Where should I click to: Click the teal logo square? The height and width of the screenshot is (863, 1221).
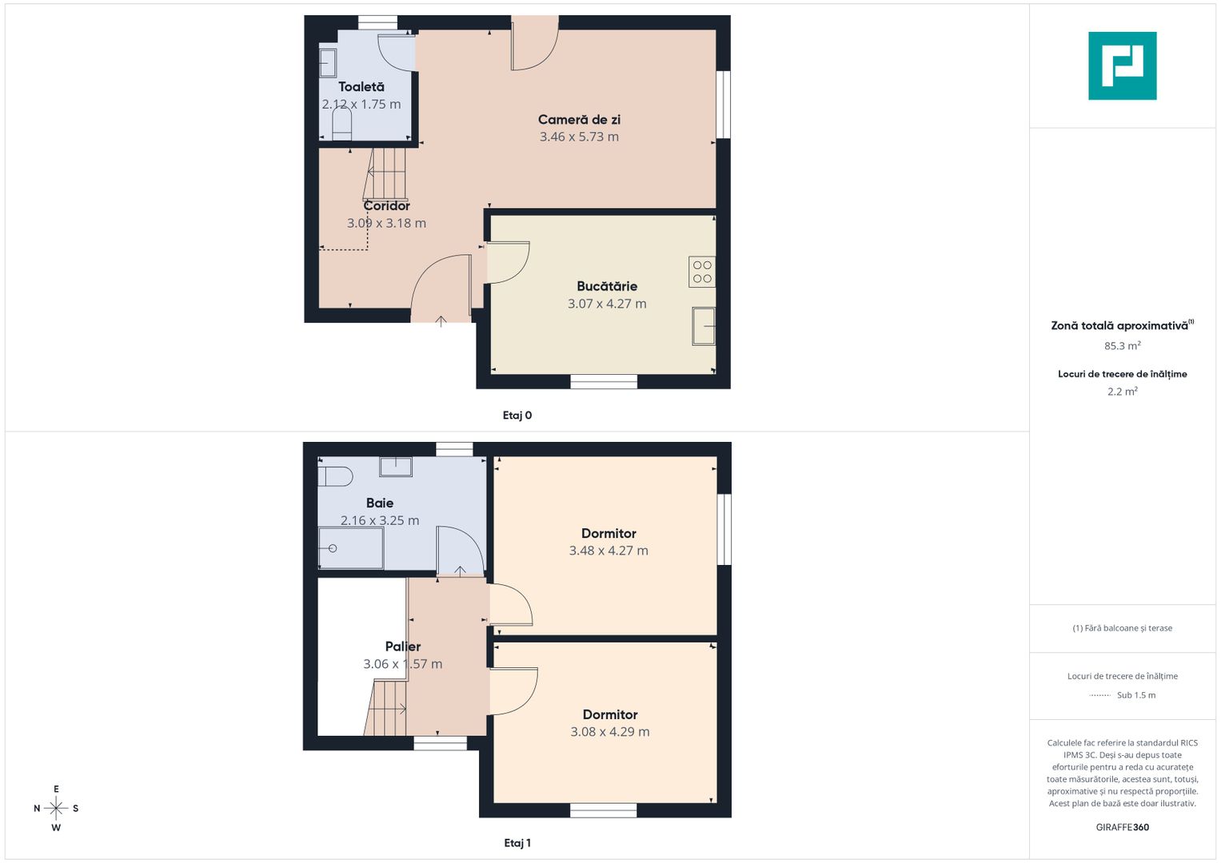click(x=1123, y=66)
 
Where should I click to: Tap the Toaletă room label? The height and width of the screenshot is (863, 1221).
click(x=361, y=86)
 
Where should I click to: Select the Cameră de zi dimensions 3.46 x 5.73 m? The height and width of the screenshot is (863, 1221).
click(x=579, y=137)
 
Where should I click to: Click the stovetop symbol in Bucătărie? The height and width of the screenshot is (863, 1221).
click(x=702, y=272)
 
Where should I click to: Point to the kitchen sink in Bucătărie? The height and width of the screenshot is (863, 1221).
click(x=704, y=326)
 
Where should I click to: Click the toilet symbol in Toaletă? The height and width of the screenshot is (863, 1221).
click(x=341, y=123)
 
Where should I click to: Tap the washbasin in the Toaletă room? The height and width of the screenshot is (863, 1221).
click(x=328, y=63)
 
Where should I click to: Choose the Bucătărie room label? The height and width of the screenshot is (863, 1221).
click(x=607, y=286)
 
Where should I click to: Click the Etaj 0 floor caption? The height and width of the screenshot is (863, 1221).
click(x=517, y=416)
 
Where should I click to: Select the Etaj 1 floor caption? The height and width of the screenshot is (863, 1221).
click(x=517, y=843)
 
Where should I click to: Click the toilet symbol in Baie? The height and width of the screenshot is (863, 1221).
click(x=335, y=477)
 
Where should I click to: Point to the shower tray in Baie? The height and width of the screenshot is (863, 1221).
click(x=351, y=548)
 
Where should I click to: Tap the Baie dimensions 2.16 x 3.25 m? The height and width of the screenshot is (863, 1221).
click(x=380, y=520)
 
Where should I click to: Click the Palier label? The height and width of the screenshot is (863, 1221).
click(x=403, y=646)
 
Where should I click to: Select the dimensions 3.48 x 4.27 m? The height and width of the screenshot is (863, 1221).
click(x=609, y=551)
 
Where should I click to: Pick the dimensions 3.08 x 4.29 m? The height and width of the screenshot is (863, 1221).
click(x=610, y=732)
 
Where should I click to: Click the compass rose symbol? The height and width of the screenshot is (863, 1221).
click(x=56, y=808)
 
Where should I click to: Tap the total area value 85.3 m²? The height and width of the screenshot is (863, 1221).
click(x=1123, y=345)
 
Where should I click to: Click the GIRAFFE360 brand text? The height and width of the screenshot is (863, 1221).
click(x=1123, y=827)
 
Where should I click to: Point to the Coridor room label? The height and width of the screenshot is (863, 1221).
click(x=386, y=206)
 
